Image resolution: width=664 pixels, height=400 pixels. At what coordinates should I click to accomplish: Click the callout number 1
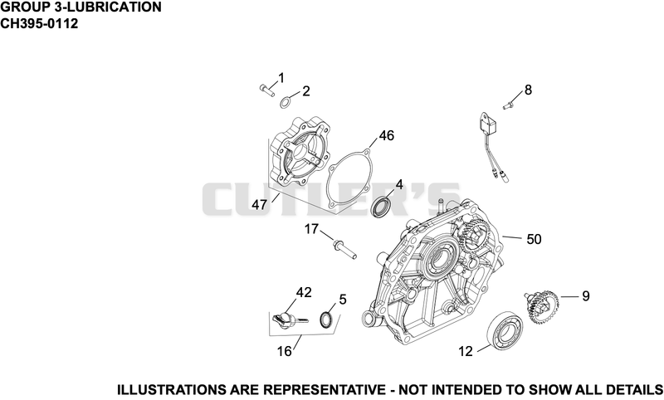281,78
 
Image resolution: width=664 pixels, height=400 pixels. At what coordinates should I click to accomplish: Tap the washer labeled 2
286,102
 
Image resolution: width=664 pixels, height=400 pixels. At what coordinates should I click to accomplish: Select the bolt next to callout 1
266,90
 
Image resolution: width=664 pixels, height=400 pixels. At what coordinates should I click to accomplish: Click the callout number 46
386,136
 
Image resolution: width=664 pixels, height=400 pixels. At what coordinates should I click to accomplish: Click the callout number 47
259,205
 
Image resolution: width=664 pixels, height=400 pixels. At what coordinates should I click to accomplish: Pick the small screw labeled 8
509,104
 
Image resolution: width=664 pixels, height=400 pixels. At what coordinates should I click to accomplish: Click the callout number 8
528,90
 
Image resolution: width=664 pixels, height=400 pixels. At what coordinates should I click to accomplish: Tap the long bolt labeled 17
344,249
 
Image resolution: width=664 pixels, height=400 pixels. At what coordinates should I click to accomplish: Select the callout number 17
311,229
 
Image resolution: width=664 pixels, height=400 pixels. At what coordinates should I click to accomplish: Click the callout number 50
534,239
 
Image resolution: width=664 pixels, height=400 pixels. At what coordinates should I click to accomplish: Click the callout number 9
585,296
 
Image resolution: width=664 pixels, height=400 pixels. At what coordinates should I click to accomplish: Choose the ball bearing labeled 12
505,329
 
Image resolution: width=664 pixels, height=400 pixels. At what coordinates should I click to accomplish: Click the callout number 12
465,351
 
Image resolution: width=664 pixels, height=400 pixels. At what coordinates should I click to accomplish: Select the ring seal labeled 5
326,320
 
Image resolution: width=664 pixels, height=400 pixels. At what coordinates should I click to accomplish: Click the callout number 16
284,351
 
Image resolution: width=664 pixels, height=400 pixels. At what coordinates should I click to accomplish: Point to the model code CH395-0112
39,24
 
